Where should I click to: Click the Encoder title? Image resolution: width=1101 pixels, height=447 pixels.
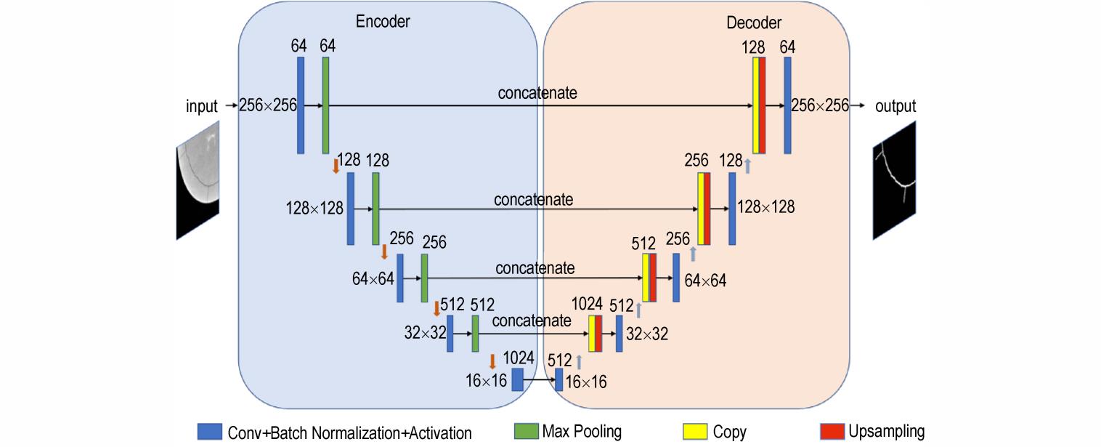383,22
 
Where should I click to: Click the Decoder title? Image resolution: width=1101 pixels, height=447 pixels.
754,23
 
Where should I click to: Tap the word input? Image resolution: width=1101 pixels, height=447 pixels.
201,106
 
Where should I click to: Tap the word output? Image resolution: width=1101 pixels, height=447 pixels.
895,106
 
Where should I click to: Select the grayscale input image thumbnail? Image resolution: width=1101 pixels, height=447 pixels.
198,180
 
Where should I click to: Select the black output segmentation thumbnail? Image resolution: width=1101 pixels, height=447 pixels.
895,180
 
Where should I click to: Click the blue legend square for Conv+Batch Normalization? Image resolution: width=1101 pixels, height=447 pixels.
210,431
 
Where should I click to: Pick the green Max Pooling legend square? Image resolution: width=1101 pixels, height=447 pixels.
526,431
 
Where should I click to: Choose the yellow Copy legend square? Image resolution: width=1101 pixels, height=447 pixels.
695,431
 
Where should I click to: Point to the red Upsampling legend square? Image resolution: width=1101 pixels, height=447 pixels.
832,431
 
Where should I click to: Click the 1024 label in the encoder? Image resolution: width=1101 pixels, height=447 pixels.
519,358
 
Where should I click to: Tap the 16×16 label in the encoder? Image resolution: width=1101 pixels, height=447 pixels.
486,381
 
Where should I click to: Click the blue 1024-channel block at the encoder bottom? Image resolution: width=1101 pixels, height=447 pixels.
518,380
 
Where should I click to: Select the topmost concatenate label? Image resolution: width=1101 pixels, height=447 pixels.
537,93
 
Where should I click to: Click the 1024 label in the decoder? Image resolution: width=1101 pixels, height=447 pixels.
587,304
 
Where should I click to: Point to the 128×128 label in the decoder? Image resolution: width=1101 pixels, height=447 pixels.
765,207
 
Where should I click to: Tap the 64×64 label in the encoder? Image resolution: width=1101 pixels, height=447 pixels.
373,279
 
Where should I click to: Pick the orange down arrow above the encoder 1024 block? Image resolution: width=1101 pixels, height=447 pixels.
492,361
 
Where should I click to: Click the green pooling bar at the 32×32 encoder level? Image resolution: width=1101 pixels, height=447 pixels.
475,334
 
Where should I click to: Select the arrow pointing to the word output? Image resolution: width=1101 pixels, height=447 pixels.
858,105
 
